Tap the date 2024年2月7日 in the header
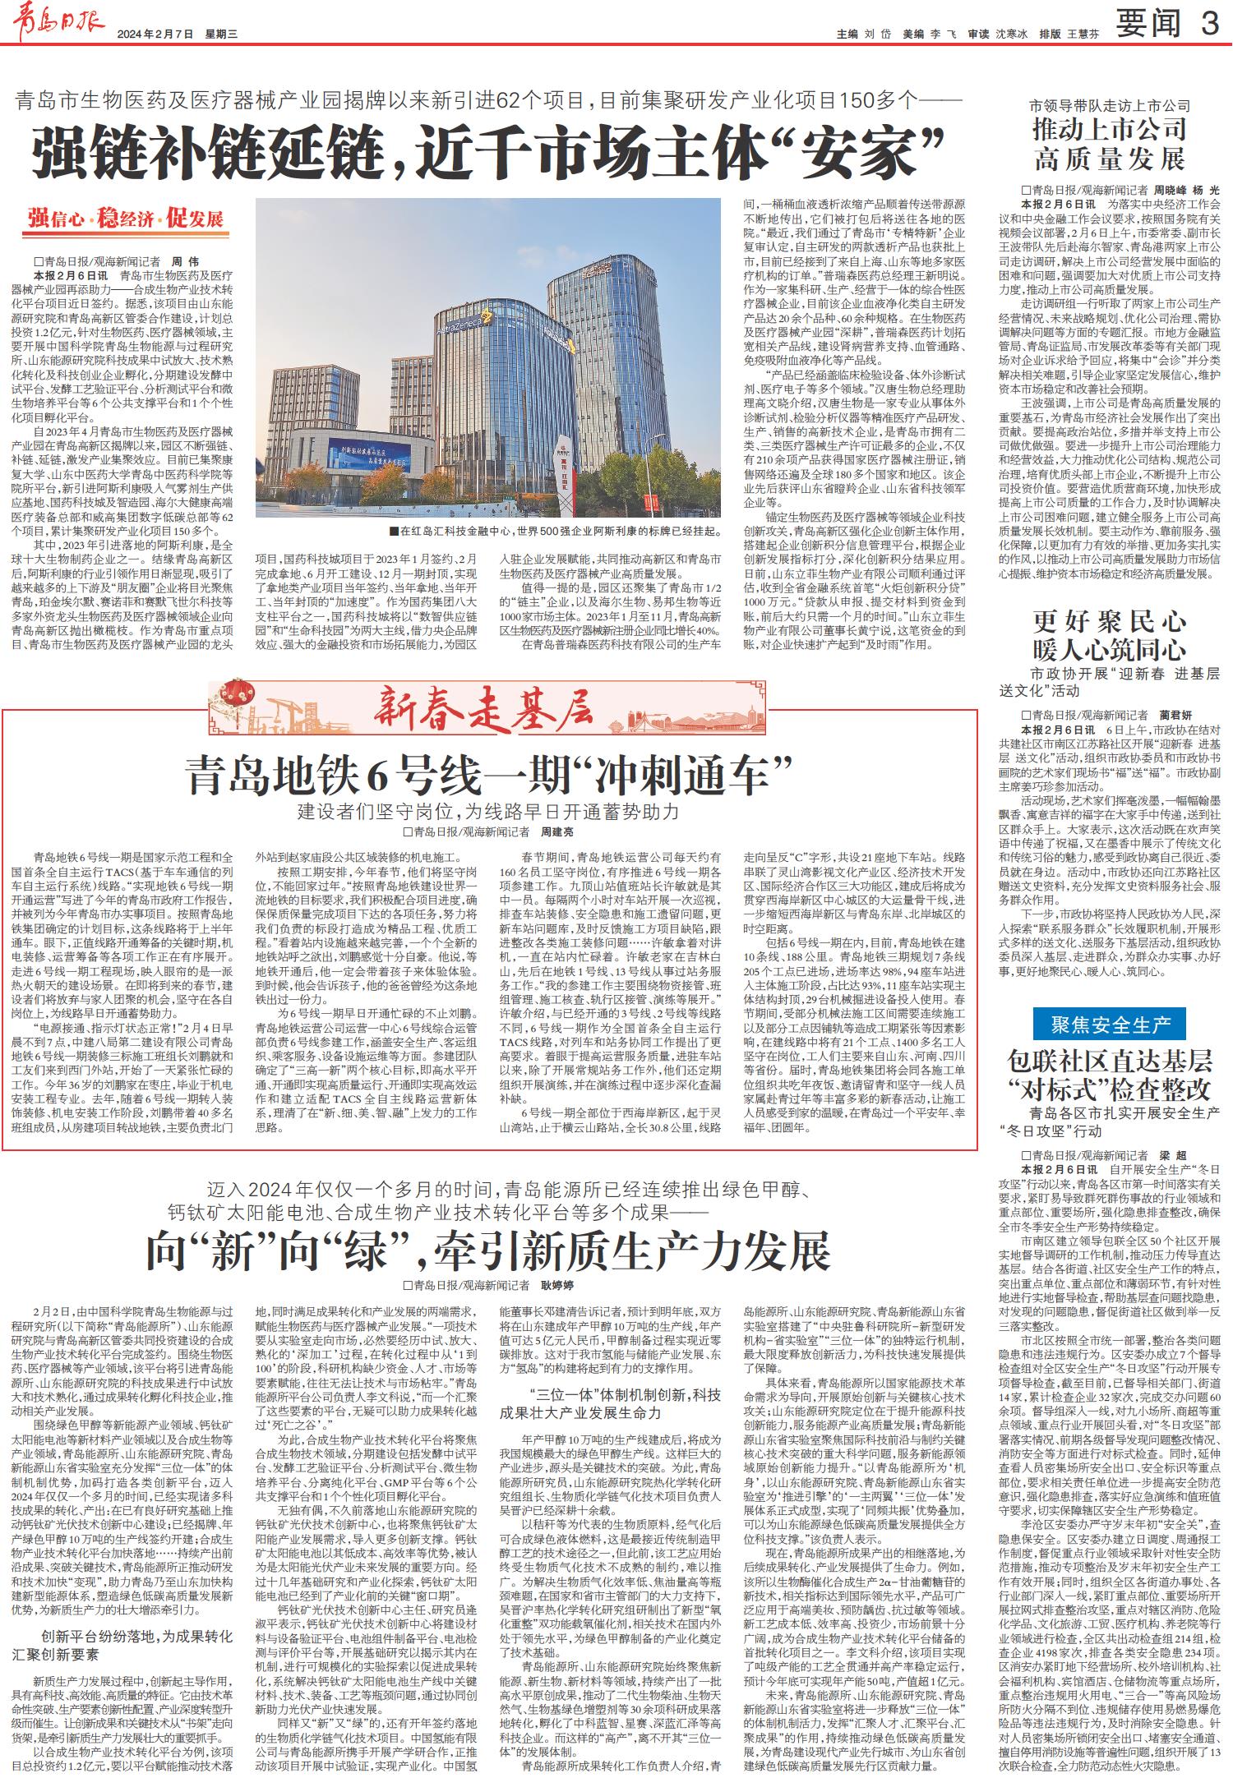155,34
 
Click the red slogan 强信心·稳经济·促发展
126,219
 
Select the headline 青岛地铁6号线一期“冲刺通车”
489,775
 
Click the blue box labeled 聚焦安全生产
1110,1025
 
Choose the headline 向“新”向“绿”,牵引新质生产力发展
488,1250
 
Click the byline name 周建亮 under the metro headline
555,832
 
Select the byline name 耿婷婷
556,1284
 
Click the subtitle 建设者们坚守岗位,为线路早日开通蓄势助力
488,812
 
